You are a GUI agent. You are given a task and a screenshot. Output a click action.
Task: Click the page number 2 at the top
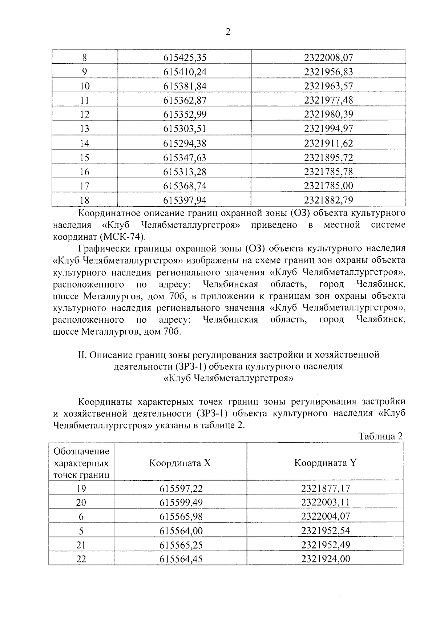click(x=228, y=32)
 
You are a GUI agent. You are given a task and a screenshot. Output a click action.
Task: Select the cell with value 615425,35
click(x=185, y=58)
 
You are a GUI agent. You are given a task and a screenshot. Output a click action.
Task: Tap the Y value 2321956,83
click(x=328, y=72)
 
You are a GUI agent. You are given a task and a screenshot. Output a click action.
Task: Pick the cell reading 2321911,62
click(x=328, y=143)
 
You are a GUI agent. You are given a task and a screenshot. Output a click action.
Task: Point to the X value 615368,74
click(x=185, y=186)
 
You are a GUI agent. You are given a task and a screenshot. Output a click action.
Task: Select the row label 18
click(x=84, y=200)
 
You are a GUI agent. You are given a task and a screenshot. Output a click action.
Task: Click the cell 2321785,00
click(x=328, y=186)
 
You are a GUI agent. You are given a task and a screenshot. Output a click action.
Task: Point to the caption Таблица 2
click(x=380, y=436)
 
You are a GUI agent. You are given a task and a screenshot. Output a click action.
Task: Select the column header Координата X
click(x=180, y=463)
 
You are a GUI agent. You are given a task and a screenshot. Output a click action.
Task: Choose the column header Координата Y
click(x=325, y=463)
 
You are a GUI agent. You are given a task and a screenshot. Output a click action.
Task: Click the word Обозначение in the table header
click(x=81, y=451)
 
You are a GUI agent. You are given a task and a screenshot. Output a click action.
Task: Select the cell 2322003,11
click(x=325, y=503)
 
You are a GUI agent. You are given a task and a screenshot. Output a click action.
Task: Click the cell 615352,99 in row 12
click(x=185, y=115)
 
